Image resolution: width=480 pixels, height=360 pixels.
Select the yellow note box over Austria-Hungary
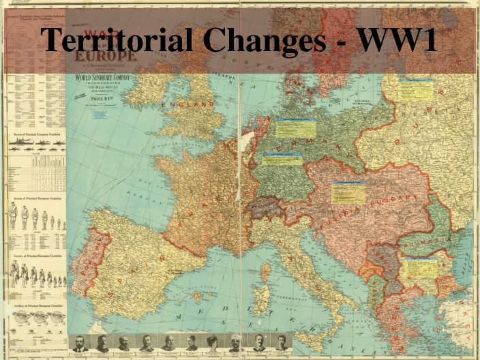point(348,192)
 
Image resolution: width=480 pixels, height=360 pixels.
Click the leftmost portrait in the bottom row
point(80,343)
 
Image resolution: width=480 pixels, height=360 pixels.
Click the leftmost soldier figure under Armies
point(13,216)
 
